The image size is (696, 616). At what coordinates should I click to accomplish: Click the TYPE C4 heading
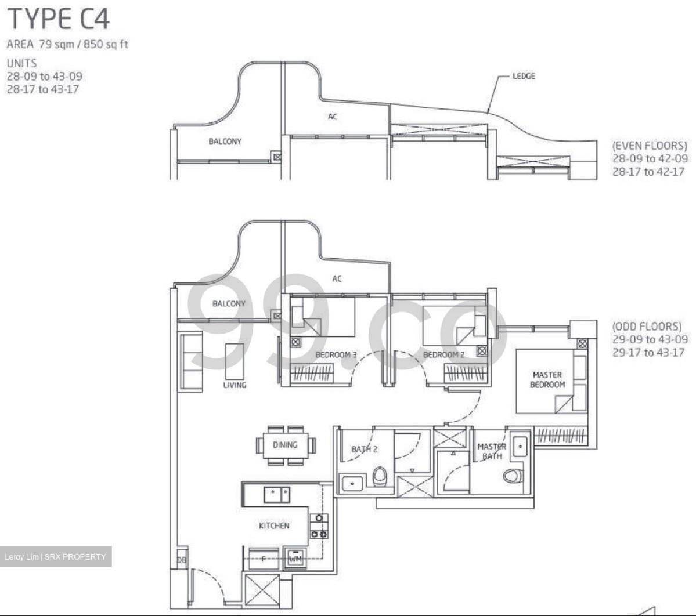coord(58,20)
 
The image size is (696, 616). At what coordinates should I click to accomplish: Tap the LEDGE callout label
coord(524,76)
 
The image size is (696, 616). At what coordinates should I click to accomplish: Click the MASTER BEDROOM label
coord(547,379)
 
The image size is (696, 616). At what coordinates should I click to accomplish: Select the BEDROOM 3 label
coord(336,355)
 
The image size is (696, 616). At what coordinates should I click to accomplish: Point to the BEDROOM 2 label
coord(443,355)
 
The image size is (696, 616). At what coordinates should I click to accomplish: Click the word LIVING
coord(235,385)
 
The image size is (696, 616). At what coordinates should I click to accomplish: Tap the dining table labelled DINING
coord(286,445)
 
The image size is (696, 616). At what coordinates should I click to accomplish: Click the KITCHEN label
coord(274,526)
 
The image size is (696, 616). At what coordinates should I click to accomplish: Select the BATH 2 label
coord(364,450)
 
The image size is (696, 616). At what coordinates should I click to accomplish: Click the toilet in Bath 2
coord(380,476)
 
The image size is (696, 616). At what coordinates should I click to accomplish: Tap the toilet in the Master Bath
coord(513,476)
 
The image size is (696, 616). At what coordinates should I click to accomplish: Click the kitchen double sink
coord(277,495)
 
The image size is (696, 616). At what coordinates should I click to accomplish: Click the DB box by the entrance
coord(182,560)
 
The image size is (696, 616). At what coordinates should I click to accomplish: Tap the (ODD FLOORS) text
coord(647,327)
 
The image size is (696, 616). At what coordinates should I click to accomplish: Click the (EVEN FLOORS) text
coord(650,146)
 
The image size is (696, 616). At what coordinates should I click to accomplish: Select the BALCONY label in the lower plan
coord(229,304)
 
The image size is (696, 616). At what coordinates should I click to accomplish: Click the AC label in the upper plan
coord(333,117)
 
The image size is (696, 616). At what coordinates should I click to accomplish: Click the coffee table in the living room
coord(235,361)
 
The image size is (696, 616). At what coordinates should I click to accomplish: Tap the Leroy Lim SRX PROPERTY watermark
coord(56,557)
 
